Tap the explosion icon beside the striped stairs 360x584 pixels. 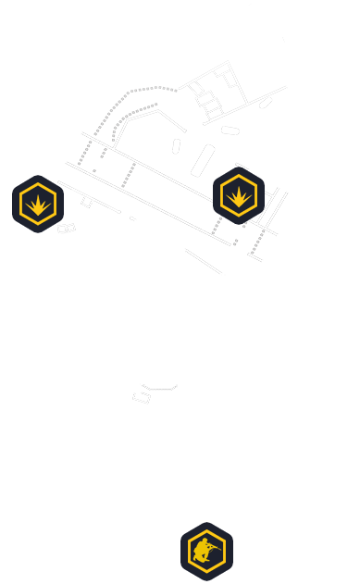coord(239,194)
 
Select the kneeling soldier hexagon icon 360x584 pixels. coord(205,552)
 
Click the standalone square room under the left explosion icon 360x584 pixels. coord(32,258)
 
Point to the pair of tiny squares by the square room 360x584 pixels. coord(66,228)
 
